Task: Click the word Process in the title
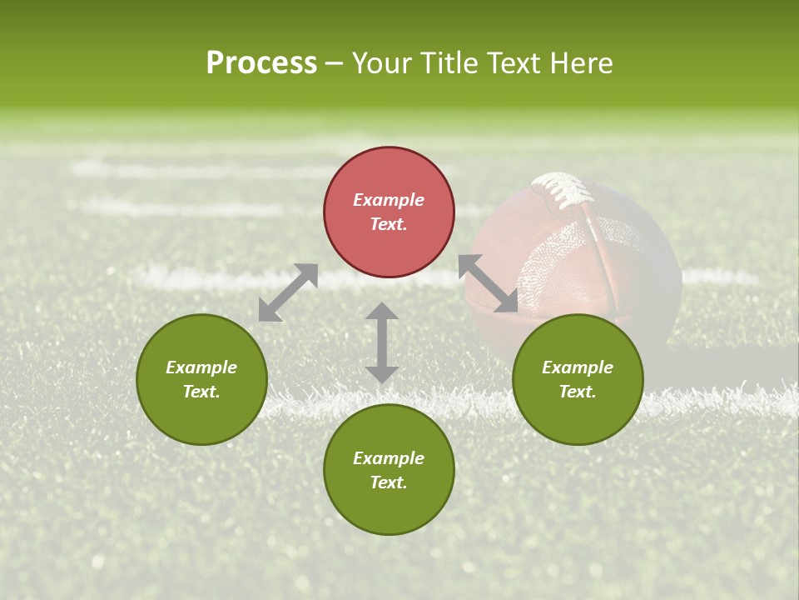[261, 63]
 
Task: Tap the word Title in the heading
[450, 63]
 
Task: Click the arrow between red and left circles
[288, 292]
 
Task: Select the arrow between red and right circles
[488, 283]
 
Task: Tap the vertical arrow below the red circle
[382, 342]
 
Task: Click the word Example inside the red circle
[389, 200]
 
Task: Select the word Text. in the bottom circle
[389, 482]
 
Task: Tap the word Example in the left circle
[201, 367]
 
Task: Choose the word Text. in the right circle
[578, 392]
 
